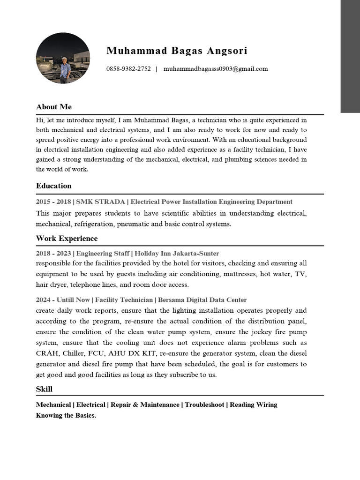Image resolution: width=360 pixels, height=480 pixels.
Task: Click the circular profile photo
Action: (63, 58)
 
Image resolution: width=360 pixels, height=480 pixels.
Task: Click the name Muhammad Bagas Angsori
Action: (177, 51)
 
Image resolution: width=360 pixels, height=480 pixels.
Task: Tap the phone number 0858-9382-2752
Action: (128, 69)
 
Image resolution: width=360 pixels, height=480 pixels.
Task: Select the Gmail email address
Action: (216, 69)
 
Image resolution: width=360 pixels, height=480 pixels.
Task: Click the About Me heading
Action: (54, 107)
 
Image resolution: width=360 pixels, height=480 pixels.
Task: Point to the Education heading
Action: (54, 186)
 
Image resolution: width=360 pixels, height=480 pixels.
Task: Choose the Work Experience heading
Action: (67, 239)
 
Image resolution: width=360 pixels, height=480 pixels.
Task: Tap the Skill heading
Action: (44, 389)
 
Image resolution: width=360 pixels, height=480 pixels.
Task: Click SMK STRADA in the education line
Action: (100, 202)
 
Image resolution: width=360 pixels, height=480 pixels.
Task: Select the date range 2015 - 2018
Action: (53, 202)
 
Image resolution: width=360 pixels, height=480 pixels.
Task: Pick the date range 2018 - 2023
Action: (53, 254)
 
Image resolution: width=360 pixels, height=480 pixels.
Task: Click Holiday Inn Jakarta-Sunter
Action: (177, 254)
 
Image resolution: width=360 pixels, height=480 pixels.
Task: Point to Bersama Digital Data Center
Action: (202, 300)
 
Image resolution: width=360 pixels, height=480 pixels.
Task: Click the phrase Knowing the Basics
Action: (66, 416)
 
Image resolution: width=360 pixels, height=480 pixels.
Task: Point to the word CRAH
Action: (45, 353)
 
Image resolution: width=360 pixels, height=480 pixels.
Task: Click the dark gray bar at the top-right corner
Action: (350, 56)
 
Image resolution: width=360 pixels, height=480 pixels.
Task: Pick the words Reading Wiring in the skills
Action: (254, 405)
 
